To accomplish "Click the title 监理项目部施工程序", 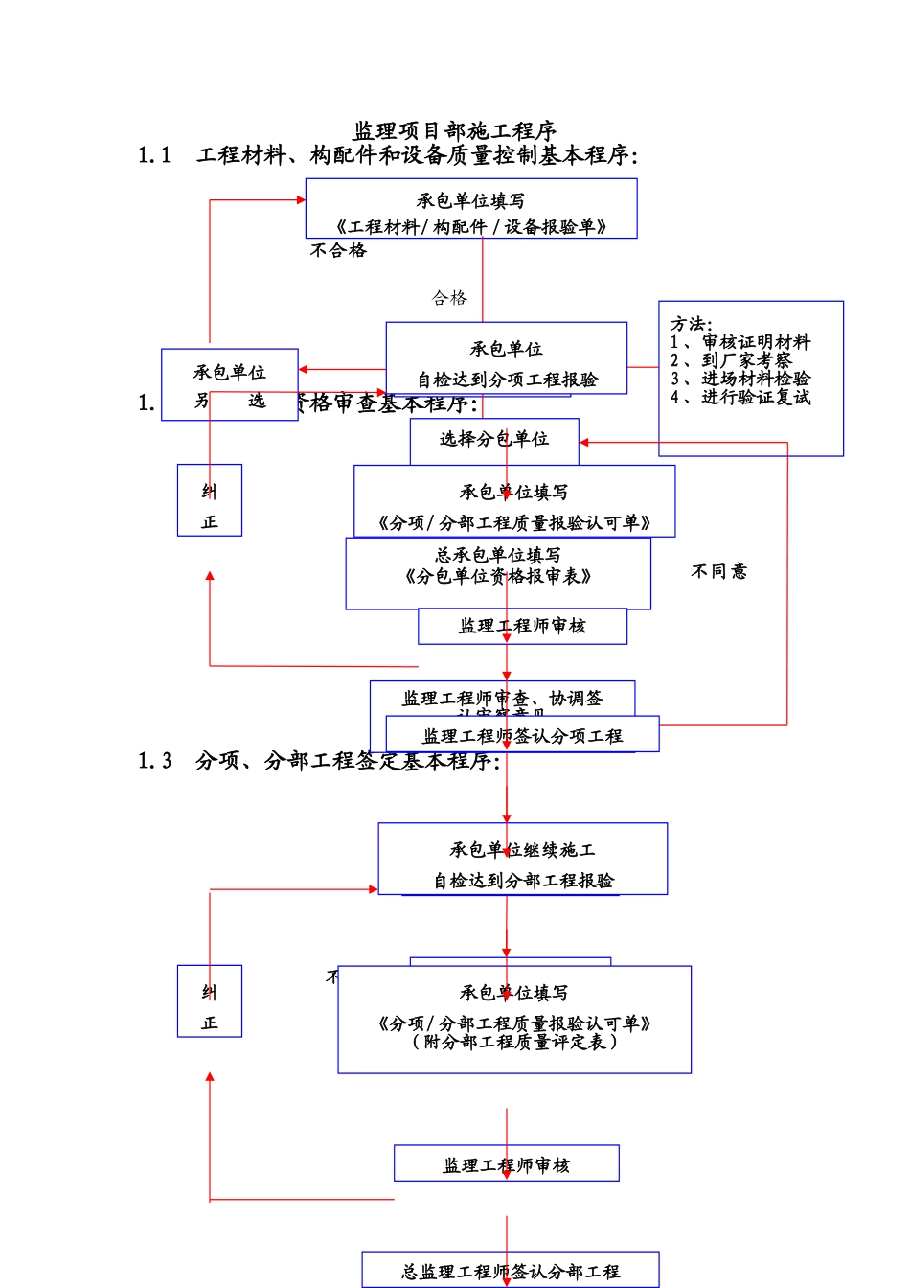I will (455, 130).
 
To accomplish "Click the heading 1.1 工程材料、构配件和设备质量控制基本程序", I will (388, 155).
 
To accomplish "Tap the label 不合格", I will (338, 250).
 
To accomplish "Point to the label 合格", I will (449, 298).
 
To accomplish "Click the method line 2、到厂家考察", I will (731, 360).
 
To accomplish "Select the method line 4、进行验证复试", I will (740, 397).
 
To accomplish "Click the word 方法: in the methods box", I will (691, 324).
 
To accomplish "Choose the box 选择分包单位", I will (494, 439).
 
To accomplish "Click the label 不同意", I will (718, 571).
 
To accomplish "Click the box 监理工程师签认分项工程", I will (522, 736).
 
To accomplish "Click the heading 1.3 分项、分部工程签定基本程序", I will (319, 761).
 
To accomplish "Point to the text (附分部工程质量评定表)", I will (514, 1042).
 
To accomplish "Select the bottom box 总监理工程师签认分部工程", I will (511, 1271).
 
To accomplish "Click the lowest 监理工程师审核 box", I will (506, 1164).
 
